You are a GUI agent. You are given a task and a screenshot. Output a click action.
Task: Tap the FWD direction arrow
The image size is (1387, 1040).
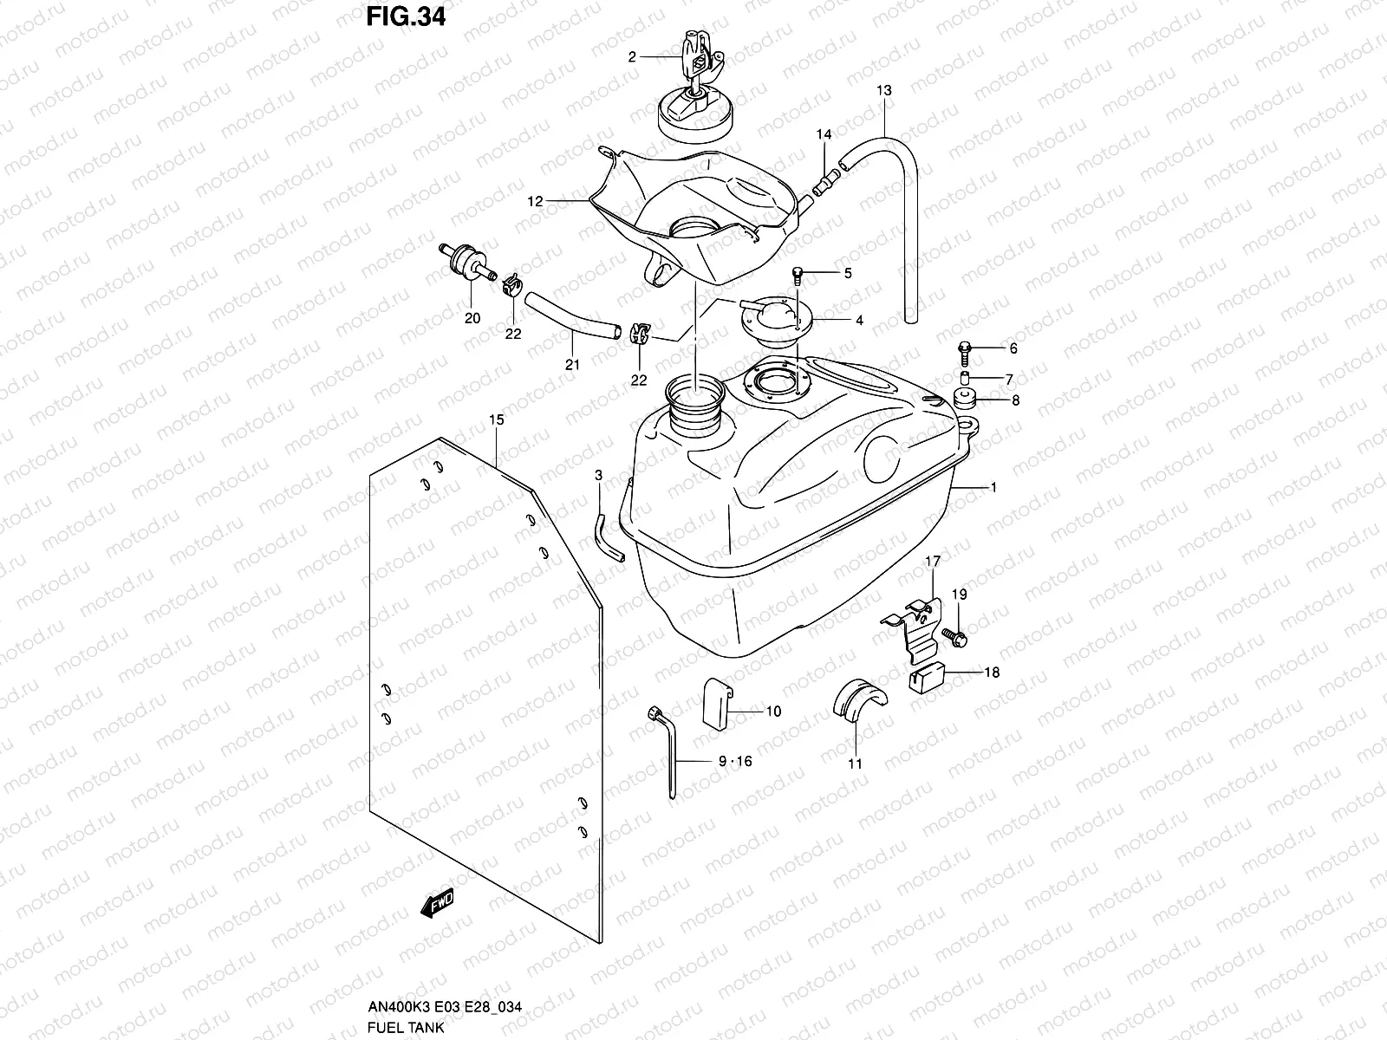coord(436,904)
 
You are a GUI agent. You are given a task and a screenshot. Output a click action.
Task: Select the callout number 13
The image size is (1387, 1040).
coord(883,90)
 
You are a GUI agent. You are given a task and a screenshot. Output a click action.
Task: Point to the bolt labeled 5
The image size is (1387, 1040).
coord(798,275)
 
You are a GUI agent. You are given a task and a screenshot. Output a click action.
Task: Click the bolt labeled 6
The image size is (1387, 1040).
coord(965,348)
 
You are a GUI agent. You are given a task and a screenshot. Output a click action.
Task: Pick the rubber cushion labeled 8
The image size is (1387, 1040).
coord(965,378)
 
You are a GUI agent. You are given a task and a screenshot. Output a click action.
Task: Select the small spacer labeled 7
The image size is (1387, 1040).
coord(965,400)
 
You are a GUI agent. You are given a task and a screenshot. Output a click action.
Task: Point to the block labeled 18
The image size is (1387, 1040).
coord(927,675)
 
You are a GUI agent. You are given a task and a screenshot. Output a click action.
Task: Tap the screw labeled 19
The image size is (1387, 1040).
coord(960,638)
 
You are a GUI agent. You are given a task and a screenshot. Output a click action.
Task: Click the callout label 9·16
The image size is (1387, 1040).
coord(736,762)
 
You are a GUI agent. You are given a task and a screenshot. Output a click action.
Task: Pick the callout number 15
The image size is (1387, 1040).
coord(495,420)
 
